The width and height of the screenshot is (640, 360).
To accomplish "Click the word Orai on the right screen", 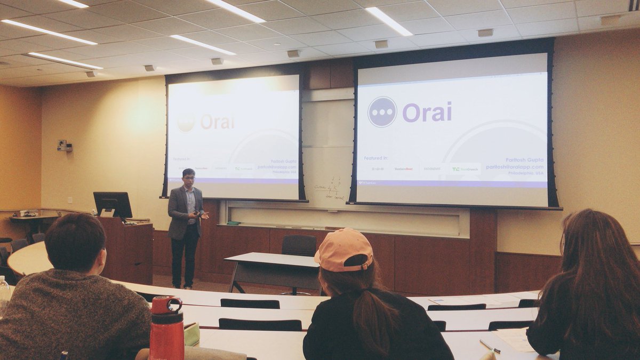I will (427, 112).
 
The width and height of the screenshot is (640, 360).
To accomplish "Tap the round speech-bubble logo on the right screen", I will (382, 112).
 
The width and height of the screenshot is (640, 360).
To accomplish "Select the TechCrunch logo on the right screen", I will (465, 169).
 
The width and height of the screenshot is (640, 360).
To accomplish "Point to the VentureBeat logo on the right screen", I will (403, 169).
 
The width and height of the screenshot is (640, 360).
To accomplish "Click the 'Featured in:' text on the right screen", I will (376, 158).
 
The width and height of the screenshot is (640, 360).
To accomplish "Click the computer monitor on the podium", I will (113, 204).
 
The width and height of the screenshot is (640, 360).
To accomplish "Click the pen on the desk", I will (490, 346).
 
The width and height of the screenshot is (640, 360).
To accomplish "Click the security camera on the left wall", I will (63, 146).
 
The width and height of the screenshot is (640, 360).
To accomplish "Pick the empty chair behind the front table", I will (299, 246).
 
